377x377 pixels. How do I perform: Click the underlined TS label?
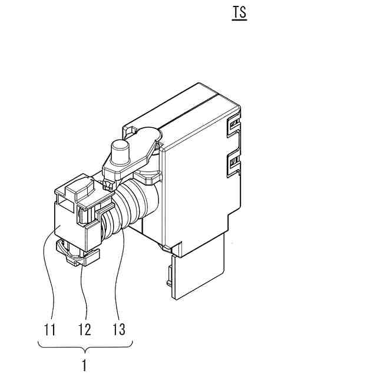pyautogui.click(x=239, y=13)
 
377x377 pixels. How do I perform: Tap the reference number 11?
pyautogui.click(x=50, y=329)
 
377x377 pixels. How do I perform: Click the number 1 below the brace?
pyautogui.click(x=84, y=365)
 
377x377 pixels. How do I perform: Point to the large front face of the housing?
pyautogui.click(x=200, y=188)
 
